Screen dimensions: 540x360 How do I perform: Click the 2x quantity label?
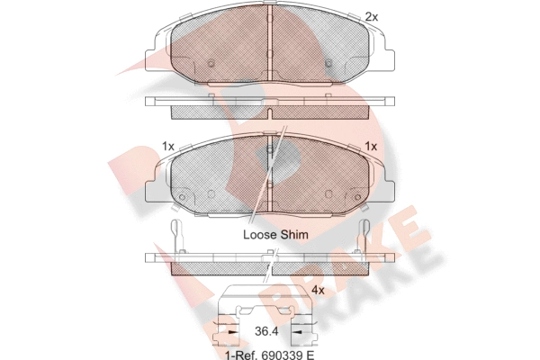pyautogui.click(x=371, y=17)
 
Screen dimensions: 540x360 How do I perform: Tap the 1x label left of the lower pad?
pyautogui.click(x=168, y=147)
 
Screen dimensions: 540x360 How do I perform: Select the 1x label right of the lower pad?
pyautogui.click(x=371, y=147)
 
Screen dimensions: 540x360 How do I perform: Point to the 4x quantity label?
pyautogui.click(x=318, y=291)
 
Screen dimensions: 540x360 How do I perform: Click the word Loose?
pyautogui.click(x=260, y=235)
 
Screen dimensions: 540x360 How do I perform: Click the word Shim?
pyautogui.click(x=294, y=235)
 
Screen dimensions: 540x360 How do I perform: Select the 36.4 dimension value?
pyautogui.click(x=266, y=332)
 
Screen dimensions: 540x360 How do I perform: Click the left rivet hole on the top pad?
pyautogui.click(x=211, y=63)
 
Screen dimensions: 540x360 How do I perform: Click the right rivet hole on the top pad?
pyautogui.click(x=328, y=63)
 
